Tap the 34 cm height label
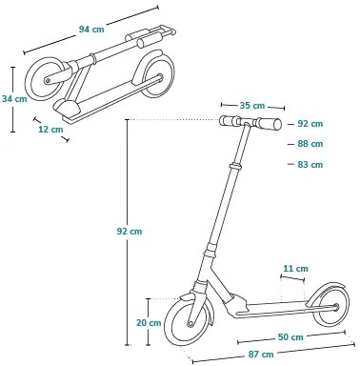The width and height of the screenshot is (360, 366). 14,98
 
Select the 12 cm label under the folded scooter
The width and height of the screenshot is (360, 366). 50,129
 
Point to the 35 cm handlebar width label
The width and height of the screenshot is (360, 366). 252,106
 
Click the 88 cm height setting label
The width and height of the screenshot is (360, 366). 310,144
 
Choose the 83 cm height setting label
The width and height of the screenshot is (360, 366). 310,165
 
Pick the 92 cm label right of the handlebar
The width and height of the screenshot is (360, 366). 310,124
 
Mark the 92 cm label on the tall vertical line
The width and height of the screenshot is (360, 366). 129,232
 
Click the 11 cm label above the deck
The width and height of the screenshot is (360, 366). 295,269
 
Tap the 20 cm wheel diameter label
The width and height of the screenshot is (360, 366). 149,322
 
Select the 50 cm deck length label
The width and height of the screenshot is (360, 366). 290,336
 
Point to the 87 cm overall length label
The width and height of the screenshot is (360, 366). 261,354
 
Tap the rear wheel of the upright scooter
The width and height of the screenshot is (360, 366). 330,305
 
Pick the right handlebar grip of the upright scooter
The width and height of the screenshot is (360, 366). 271,124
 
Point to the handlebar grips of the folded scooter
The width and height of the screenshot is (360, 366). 144,39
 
